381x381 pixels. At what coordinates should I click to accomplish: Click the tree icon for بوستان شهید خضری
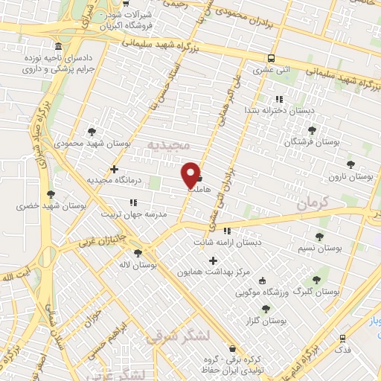tap(51, 194)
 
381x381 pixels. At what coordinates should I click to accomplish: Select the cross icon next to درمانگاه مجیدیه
tap(113, 169)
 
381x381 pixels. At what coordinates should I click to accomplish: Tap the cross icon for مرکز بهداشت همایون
tap(214, 260)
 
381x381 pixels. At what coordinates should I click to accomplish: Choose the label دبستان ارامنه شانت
tap(228, 242)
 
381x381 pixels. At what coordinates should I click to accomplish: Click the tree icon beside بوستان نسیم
tap(319, 237)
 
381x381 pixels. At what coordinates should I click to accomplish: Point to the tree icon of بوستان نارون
tap(350, 165)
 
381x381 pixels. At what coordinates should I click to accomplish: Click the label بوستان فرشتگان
tap(316, 140)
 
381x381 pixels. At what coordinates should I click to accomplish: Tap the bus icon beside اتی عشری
tap(271, 58)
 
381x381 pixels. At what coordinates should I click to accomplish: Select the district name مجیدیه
tap(169, 143)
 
